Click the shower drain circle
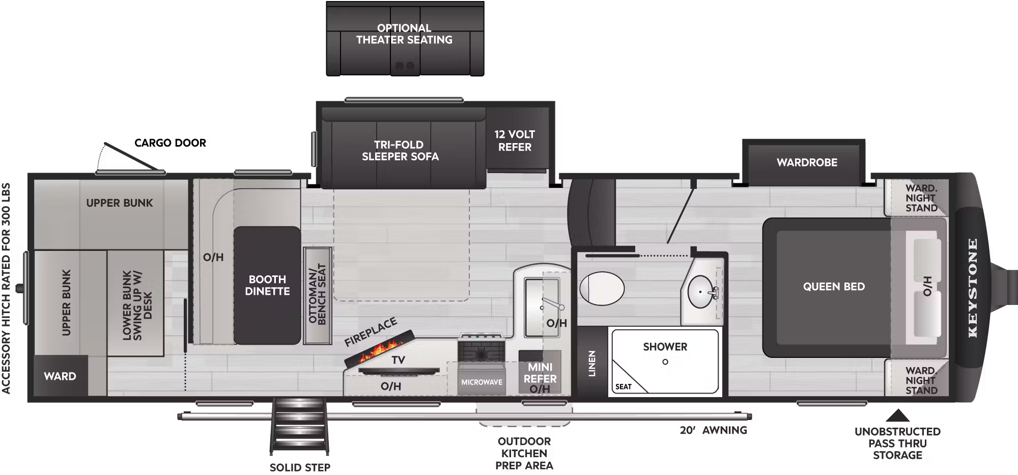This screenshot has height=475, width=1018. pos(665,362)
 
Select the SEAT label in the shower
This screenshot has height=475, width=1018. pos(623,387)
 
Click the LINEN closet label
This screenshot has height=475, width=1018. pos(592,363)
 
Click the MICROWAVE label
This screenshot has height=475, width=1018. pos(482,382)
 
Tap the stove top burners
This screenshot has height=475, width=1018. pos(481,351)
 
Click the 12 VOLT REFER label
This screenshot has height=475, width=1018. pos(515,141)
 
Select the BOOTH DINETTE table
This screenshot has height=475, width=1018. pos(267,286)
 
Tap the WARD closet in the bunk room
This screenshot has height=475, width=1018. pos(60,376)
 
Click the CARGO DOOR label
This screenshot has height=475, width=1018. pos(170,143)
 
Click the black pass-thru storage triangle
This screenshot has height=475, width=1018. pos(897,416)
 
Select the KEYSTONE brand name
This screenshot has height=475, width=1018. pos(973,288)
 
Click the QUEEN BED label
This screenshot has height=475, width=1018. pos(834,287)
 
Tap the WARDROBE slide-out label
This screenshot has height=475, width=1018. pos(807,162)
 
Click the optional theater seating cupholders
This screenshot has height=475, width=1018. pos(405,66)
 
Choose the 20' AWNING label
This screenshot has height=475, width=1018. pos(713,430)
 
